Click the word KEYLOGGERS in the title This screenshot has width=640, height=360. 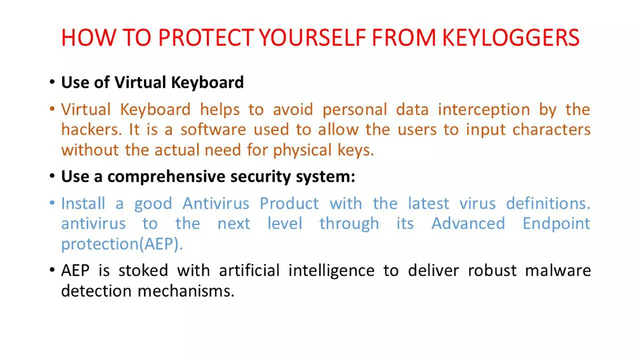point(511,38)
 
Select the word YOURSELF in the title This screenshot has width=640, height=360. point(312,38)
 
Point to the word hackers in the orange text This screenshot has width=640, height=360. point(91,130)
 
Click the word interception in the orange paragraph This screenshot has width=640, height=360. point(484,110)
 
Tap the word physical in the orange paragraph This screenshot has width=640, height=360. point(302,150)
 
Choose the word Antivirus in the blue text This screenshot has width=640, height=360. point(216,204)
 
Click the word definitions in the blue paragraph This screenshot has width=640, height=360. point(547,204)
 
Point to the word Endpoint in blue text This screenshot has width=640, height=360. point(556,224)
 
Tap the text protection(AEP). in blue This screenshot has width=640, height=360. point(122,244)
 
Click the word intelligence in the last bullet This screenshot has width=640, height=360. point(331,271)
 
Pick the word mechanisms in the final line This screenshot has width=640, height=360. point(186,291)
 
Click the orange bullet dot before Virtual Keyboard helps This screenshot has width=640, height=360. point(52,109)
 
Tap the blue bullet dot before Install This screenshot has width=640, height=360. point(52,203)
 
